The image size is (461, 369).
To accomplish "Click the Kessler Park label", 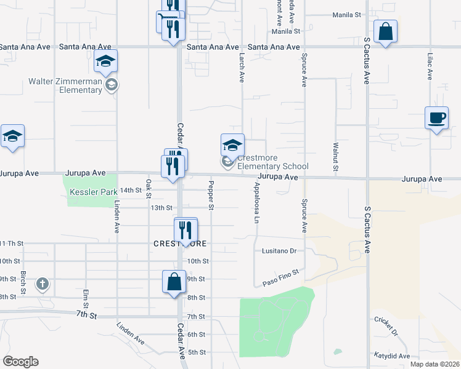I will coord(93,192).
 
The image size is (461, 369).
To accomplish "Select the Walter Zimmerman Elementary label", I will coord(65,86).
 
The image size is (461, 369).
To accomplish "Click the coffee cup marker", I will coord(437,118).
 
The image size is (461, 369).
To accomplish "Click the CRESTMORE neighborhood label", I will coord(180,244).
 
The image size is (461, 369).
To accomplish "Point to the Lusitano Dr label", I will coord(280,252).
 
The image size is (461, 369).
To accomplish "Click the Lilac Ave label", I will coord(430,66).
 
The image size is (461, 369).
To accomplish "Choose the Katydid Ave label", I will coord(391,356).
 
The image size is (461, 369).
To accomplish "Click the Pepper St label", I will coord(211,195).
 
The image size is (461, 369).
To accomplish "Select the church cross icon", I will coord(42,284).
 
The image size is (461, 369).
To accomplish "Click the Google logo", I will coord(20,362).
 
